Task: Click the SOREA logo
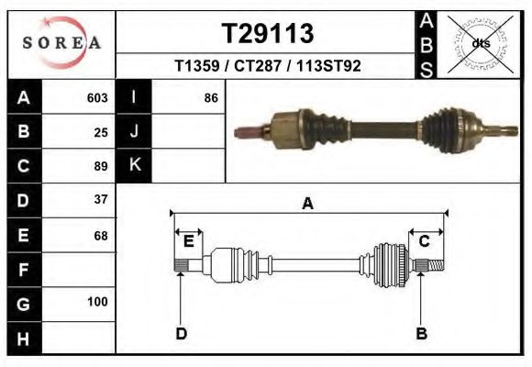61,43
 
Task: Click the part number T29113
268,34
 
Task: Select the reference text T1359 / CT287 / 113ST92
268,67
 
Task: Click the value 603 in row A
96,97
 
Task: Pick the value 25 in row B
101,132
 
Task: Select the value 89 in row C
101,166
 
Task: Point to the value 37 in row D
101,199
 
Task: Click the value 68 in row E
101,236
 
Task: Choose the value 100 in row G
97,302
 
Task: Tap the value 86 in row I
211,97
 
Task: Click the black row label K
134,165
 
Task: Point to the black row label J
134,131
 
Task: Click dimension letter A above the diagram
308,205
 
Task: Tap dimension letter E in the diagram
188,241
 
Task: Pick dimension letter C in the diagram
425,241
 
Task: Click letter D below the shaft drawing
182,333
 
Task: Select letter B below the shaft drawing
421,333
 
